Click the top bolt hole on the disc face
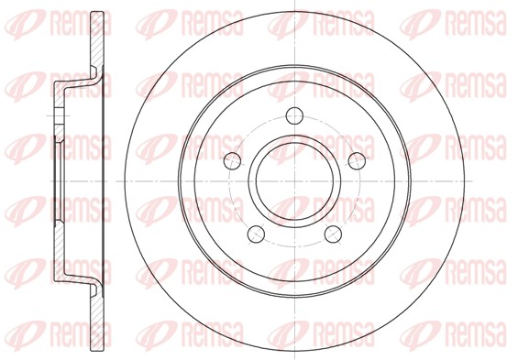click(294, 115)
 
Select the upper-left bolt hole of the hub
click(232, 160)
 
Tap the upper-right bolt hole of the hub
click(358, 161)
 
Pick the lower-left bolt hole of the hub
click(256, 234)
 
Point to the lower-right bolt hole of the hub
click(333, 234)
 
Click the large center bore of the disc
click(294, 181)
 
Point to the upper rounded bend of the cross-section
click(94, 75)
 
